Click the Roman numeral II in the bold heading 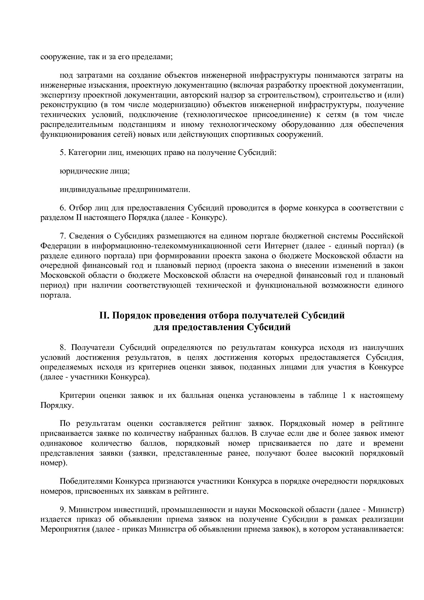point(104,315)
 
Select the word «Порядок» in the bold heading point(131,315)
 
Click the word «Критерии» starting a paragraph point(77,396)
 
